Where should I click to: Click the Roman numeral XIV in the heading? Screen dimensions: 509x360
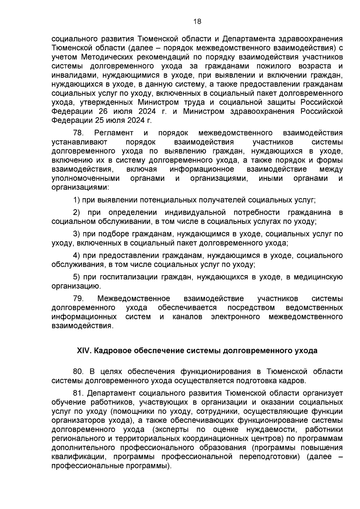[x=84, y=351]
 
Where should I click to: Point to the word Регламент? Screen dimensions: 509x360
[x=114, y=133]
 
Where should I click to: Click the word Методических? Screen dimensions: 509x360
[x=106, y=57]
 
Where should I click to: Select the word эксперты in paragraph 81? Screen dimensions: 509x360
[x=171, y=429]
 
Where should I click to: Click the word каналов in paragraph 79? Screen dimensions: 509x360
[x=187, y=317]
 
